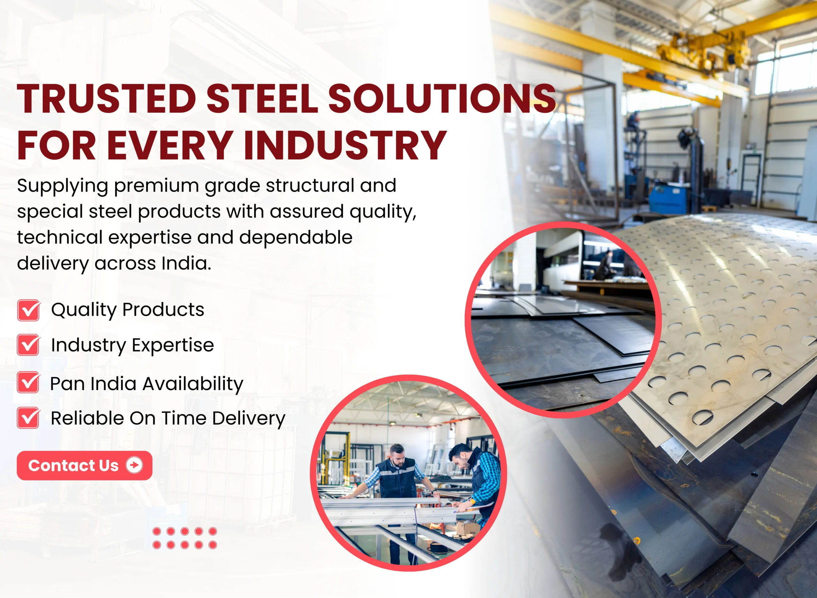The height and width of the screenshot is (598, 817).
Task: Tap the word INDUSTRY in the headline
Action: [x=345, y=145]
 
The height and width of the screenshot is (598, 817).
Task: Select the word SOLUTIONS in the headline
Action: [x=442, y=99]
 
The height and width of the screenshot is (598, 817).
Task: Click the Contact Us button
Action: [x=84, y=466]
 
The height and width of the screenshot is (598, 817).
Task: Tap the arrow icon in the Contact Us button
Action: [x=134, y=465]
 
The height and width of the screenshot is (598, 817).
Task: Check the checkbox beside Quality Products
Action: [x=29, y=310]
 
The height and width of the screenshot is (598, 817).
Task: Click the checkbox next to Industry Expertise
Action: [x=29, y=345]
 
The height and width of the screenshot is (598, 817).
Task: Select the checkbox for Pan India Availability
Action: [x=29, y=382]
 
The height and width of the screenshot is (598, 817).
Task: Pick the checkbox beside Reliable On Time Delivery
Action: [x=29, y=418]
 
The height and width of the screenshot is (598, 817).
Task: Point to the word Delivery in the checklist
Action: [x=249, y=419]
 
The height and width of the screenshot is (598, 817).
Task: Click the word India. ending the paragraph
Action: [x=186, y=263]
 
